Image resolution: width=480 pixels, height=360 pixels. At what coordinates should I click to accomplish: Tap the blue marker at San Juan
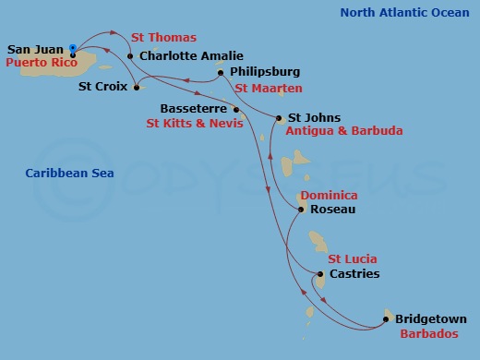(x=73, y=48)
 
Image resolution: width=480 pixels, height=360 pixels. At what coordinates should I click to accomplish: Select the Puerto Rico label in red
(x=41, y=63)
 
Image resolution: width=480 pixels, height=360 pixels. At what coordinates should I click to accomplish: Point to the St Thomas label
(x=163, y=38)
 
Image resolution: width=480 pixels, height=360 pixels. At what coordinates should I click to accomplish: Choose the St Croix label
(x=102, y=89)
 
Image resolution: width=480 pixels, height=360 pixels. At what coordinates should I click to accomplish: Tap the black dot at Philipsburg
(x=220, y=72)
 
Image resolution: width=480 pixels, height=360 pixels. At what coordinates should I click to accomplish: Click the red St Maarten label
(x=268, y=89)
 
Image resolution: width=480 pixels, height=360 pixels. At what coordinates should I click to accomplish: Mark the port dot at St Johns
(x=279, y=117)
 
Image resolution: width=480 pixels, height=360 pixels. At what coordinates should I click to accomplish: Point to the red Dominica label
(x=329, y=196)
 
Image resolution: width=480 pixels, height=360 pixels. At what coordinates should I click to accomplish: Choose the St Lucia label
(x=354, y=259)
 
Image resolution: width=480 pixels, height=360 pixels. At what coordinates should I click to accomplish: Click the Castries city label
(x=354, y=274)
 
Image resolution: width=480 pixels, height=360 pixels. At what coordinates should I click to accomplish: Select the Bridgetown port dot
(x=385, y=320)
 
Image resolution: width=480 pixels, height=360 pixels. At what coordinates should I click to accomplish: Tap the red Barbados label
(x=428, y=334)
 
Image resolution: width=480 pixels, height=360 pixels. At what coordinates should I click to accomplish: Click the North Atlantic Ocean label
(x=404, y=13)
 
